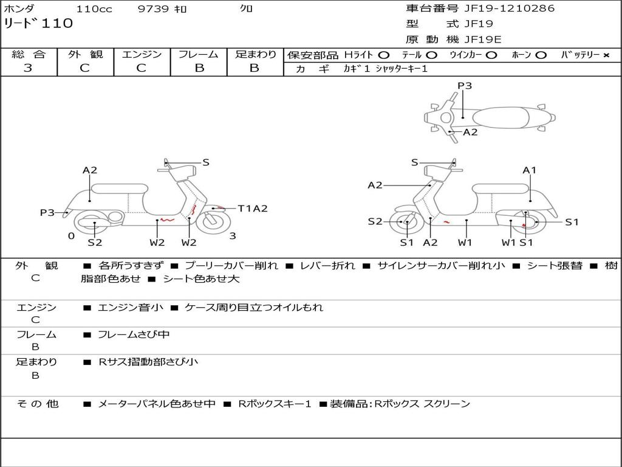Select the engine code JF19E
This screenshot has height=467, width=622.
(x=483, y=40)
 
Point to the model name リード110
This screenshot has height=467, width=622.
(x=38, y=24)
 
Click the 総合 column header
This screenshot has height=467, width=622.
(x=29, y=54)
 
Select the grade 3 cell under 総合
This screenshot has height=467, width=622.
(x=28, y=68)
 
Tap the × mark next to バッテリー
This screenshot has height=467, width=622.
(x=606, y=55)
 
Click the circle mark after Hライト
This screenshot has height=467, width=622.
(x=383, y=55)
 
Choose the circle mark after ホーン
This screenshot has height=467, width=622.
(x=541, y=55)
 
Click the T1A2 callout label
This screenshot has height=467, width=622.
(x=252, y=209)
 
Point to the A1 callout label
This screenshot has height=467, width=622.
(x=530, y=170)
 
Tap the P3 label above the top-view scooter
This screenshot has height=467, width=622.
(x=465, y=86)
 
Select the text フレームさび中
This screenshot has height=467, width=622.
(x=134, y=334)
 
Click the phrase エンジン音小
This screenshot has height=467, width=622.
(x=131, y=308)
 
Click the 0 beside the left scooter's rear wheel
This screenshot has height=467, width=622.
(x=71, y=236)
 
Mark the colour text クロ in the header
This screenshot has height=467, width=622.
(x=247, y=9)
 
